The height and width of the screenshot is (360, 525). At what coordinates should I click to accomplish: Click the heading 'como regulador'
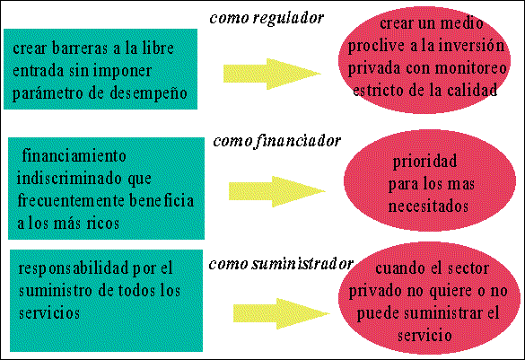[267, 19]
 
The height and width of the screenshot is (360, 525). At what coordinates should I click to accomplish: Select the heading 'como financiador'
[277, 142]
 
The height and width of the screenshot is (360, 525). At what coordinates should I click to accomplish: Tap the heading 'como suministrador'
[281, 264]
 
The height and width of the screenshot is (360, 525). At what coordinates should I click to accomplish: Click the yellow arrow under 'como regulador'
[272, 74]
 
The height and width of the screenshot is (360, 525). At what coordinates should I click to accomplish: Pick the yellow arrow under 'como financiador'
[277, 191]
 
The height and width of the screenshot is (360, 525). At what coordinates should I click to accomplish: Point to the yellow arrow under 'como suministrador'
[282, 314]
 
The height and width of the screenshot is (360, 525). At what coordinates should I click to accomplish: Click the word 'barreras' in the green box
[80, 48]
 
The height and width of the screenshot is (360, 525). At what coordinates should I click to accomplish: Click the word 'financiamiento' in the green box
[74, 156]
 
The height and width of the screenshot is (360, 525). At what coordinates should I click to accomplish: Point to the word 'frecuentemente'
[71, 201]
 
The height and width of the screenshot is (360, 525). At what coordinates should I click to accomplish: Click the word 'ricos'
[103, 224]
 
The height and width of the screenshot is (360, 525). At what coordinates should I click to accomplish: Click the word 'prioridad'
[424, 162]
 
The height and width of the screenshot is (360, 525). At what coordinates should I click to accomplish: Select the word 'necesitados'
[428, 206]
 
